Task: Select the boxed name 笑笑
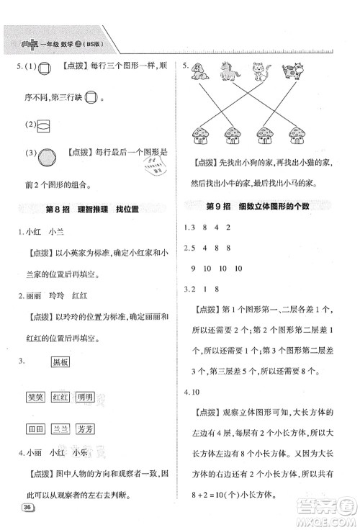[34, 397]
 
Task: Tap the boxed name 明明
[85, 397]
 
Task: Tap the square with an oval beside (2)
[43, 124]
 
